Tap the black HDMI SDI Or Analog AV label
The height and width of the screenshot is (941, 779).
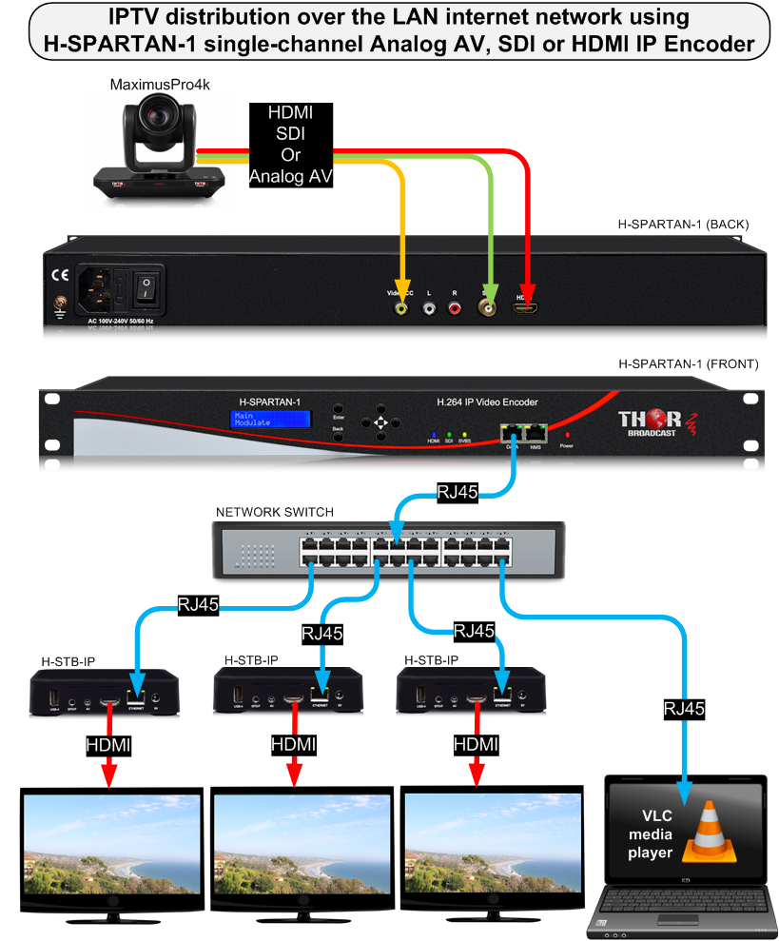(291, 144)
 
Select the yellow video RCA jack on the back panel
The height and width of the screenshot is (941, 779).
(404, 308)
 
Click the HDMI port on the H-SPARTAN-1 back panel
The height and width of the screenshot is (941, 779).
(526, 308)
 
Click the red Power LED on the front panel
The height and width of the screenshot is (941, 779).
(568, 434)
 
